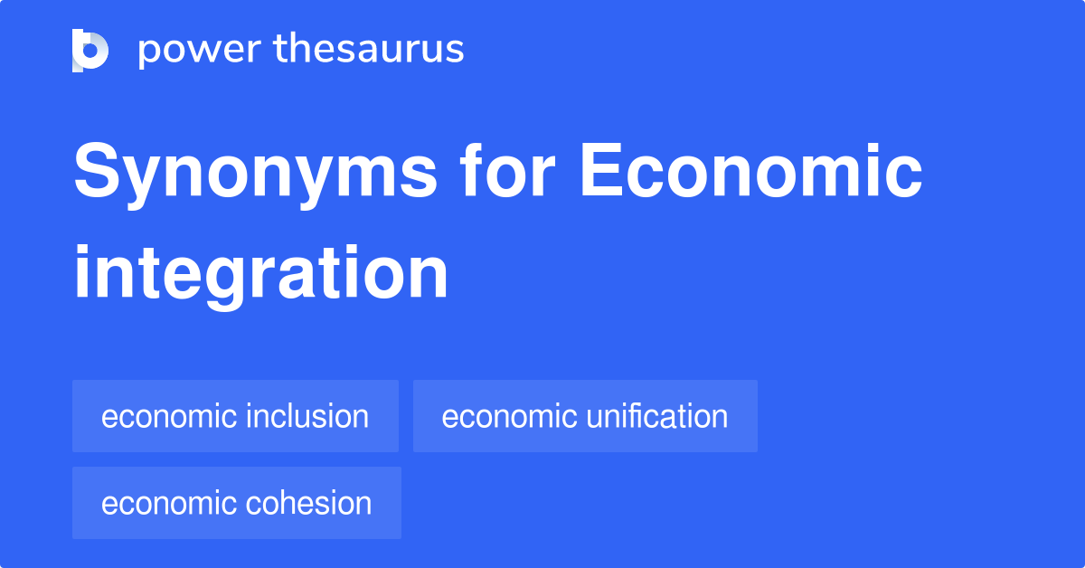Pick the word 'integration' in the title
click(260, 274)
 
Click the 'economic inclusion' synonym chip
click(235, 416)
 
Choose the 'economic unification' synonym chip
click(585, 416)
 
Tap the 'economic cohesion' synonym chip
click(236, 503)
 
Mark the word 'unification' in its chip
click(656, 416)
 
